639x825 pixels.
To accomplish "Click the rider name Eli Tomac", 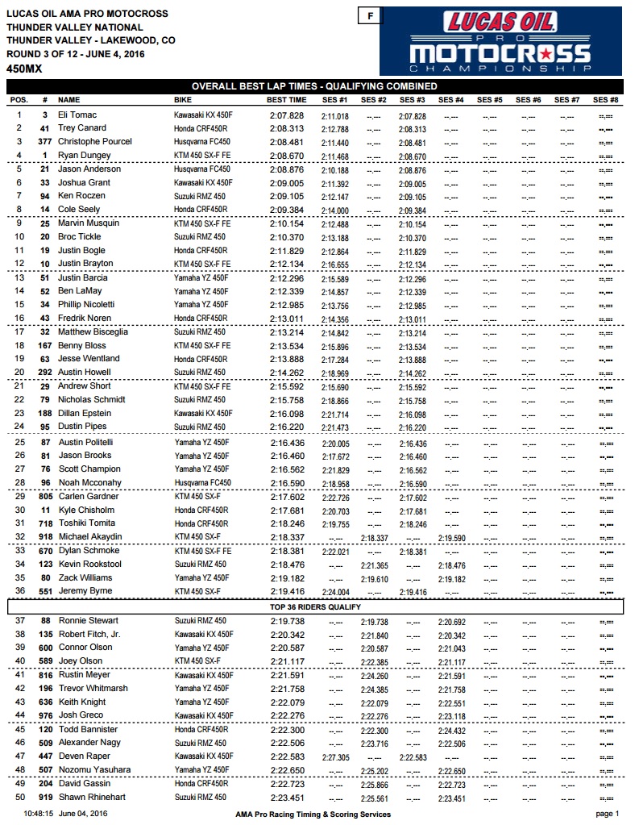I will tap(77, 115).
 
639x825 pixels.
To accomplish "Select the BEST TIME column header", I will tap(286, 100).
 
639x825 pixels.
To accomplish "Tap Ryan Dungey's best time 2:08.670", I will tap(287, 155).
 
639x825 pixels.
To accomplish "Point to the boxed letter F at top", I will tap(370, 15).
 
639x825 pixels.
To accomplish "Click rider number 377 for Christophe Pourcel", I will tap(46, 142).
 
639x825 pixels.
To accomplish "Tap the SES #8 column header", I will tap(605, 100).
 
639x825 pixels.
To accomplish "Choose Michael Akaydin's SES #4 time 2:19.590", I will tap(450, 537).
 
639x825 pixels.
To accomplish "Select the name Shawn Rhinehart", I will tap(91, 798).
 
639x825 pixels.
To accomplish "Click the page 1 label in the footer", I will tap(605, 815).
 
